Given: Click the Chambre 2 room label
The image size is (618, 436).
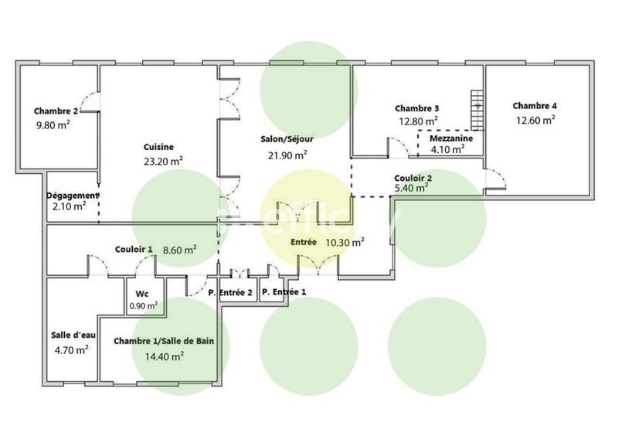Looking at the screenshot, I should [56, 111].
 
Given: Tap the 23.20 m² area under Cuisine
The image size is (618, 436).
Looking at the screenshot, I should [163, 161].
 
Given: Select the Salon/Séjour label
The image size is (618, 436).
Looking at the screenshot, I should [286, 139].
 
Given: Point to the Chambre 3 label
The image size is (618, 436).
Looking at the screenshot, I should [417, 108].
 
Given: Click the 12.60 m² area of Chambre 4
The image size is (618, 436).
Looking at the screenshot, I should [536, 119].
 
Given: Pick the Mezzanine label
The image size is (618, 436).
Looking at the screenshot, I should [452, 138].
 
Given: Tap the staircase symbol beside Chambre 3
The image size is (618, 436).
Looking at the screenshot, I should [477, 111].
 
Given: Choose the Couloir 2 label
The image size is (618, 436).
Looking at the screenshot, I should [413, 177].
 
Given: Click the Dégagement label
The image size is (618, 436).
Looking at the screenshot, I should [72, 196].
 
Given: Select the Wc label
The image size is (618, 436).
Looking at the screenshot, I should [141, 294].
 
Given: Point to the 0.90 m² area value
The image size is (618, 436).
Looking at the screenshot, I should [143, 305].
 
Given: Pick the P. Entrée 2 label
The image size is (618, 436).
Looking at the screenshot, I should [231, 292].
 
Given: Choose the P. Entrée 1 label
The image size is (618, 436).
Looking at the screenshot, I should [284, 292].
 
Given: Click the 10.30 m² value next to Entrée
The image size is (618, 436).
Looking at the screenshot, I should [345, 242].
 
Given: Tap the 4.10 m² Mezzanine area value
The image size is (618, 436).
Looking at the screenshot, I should [447, 150].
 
